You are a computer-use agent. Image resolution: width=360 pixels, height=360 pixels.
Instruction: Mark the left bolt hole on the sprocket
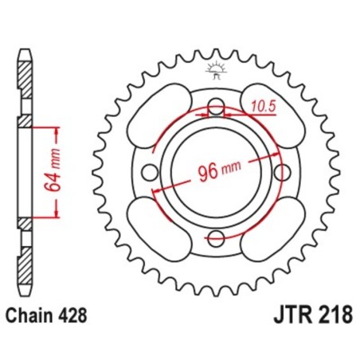(151, 171)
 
